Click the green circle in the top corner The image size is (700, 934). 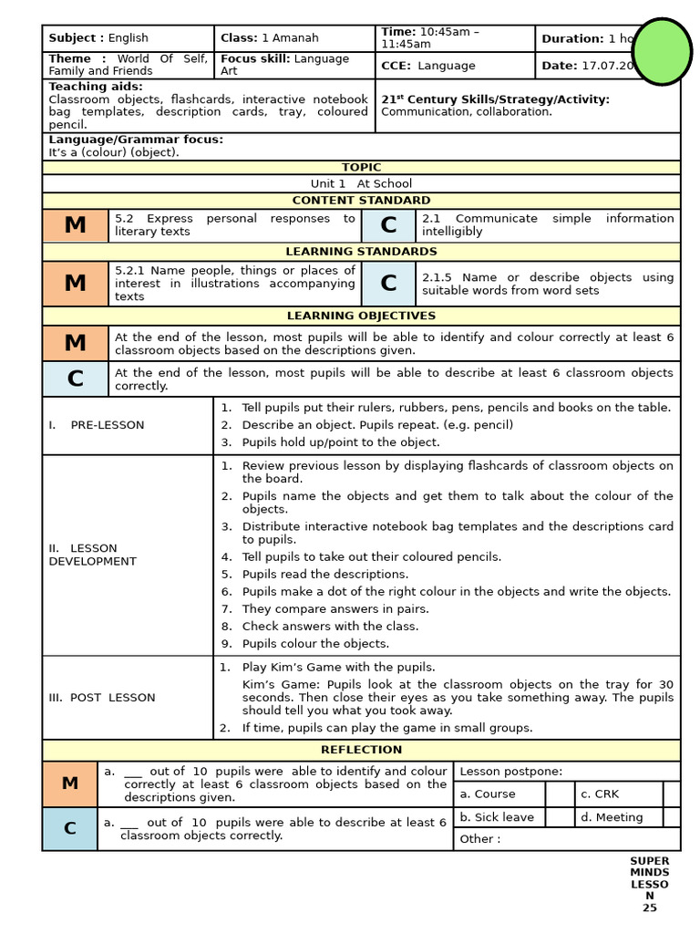[x=662, y=52]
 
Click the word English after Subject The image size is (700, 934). [x=128, y=38]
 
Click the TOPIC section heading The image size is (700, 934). [x=361, y=168]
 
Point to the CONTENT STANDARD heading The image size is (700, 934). [x=361, y=201]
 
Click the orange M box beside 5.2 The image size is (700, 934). [x=76, y=225]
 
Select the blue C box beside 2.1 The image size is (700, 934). [x=388, y=225]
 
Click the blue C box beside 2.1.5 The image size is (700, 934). [x=388, y=284]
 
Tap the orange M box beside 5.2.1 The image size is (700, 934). [x=76, y=284]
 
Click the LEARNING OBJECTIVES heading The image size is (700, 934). [x=361, y=317]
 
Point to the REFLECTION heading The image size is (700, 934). [x=361, y=751]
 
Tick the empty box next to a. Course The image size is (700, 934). [x=560, y=794]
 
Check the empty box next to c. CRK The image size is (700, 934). [x=672, y=794]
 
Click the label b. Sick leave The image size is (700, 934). [x=497, y=817]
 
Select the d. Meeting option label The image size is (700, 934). [x=612, y=817]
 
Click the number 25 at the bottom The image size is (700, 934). [x=649, y=908]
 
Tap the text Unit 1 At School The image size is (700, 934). [x=361, y=184]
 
